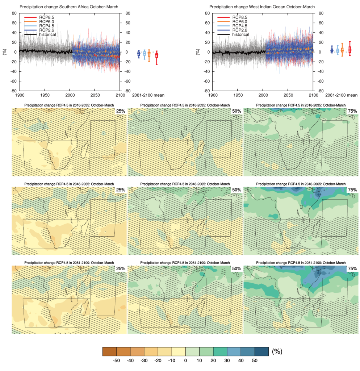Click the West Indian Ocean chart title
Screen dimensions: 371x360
click(264, 7)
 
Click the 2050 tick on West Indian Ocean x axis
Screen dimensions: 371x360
click(288, 95)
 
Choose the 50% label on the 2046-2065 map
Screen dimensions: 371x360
click(236, 190)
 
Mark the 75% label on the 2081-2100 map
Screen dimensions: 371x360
click(352, 268)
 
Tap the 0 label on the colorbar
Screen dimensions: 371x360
click(185, 361)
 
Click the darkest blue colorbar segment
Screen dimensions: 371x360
click(261, 351)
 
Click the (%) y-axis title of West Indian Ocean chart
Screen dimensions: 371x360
click(197, 52)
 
